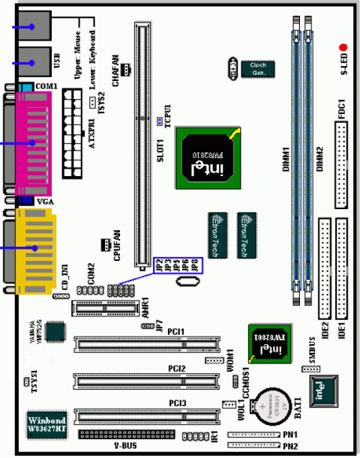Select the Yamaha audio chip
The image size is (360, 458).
point(55,331)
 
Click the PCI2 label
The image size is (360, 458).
point(178,368)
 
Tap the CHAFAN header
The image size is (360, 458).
point(127,69)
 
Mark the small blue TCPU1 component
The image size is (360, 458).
point(160,120)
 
